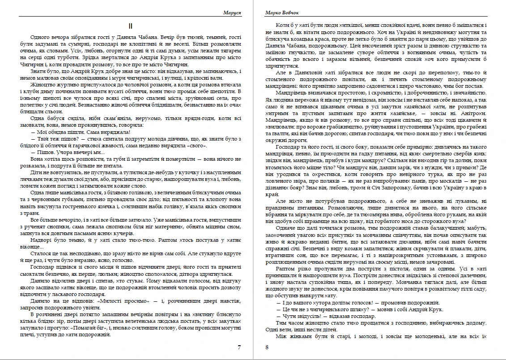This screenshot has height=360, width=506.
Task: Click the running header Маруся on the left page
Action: pyautogui.click(x=232, y=13)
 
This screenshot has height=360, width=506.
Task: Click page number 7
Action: pyautogui.click(x=239, y=347)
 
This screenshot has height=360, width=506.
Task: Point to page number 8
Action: pyautogui.click(x=267, y=347)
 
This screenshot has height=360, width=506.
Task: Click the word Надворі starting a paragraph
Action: pyautogui.click(x=42, y=240)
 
